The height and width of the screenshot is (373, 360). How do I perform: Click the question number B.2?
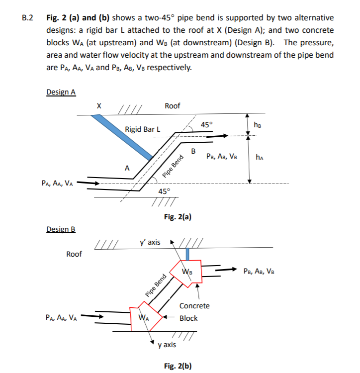(x=28, y=19)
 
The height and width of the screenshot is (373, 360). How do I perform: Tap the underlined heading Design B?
(x=60, y=229)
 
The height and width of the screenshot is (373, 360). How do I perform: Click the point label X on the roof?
(x=99, y=105)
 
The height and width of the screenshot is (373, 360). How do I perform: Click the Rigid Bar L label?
(x=143, y=129)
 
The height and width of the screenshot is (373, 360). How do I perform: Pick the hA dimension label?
(x=259, y=158)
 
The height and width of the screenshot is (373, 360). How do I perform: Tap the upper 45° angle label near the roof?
(x=206, y=124)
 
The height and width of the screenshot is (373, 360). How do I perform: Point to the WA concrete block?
(x=144, y=317)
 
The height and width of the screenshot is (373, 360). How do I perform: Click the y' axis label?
(x=150, y=242)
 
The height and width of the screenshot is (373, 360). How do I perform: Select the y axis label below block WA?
(x=166, y=344)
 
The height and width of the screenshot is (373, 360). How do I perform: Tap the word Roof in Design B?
(x=74, y=254)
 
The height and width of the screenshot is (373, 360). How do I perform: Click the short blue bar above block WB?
(x=187, y=253)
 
